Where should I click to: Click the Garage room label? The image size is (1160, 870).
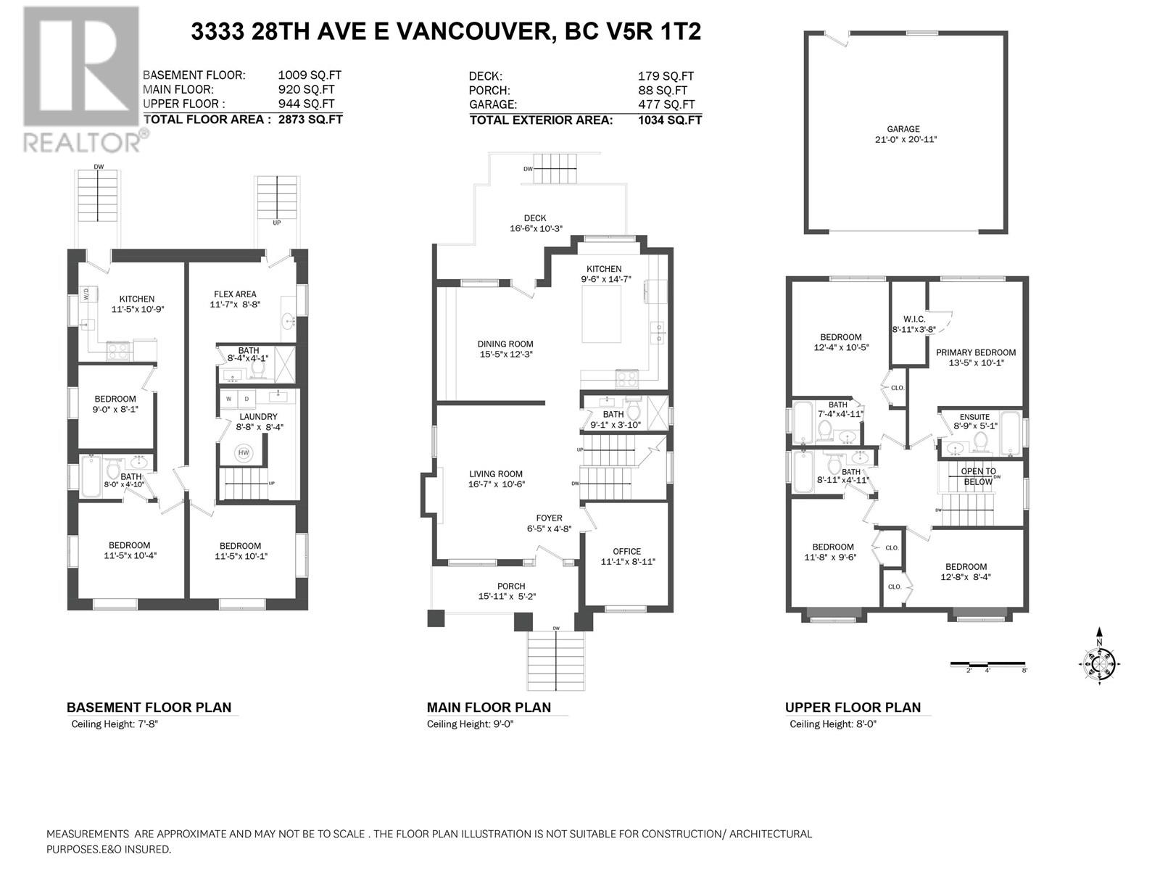[903, 129]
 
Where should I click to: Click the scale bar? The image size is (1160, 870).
[987, 664]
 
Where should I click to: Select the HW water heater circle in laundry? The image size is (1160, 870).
[243, 452]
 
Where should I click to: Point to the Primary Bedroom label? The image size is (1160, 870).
[976, 352]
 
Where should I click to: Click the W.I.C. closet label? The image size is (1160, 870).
[913, 319]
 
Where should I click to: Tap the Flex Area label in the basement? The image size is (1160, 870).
[235, 294]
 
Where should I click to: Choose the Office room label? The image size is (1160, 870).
[627, 551]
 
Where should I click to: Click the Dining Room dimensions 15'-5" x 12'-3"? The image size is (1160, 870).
[506, 355]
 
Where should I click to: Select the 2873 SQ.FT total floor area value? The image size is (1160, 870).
[310, 120]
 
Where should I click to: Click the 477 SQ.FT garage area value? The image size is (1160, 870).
[666, 104]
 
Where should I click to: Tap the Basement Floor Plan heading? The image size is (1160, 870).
[149, 708]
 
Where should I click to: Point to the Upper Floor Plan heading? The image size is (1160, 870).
[853, 708]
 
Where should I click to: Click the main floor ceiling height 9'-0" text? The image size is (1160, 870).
[502, 724]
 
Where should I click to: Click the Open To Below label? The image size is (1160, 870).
[978, 476]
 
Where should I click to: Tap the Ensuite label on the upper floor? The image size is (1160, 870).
[974, 417]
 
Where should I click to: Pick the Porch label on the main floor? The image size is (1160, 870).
[511, 586]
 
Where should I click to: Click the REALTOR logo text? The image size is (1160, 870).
[82, 142]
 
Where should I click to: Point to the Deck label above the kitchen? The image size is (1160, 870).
[535, 217]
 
